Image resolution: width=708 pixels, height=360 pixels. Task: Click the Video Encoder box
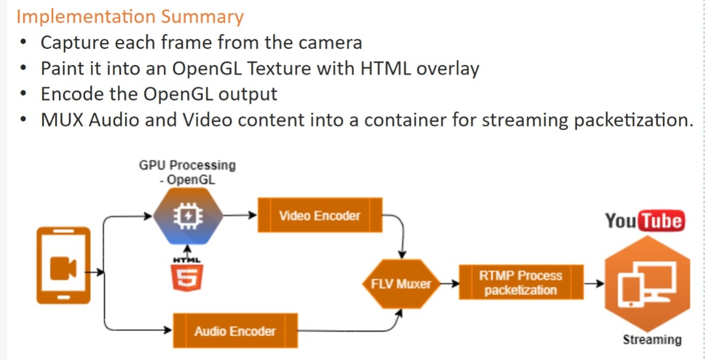[320, 215]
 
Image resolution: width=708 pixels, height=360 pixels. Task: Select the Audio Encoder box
[235, 330]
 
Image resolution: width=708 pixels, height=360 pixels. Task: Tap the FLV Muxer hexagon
[401, 284]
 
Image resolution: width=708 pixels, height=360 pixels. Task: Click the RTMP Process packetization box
[520, 283]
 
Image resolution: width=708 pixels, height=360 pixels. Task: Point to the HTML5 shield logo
[187, 277]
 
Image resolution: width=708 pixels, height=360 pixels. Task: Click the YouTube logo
[645, 221]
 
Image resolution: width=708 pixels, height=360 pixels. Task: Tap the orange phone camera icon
[63, 266]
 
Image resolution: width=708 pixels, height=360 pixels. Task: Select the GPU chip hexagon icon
[187, 216]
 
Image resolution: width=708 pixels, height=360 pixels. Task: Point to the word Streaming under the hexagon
[652, 340]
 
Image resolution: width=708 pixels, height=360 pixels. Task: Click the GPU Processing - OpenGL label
[187, 172]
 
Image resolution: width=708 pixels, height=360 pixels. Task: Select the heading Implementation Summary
[130, 16]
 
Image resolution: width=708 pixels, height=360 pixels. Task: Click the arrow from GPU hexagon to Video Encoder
[239, 216]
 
